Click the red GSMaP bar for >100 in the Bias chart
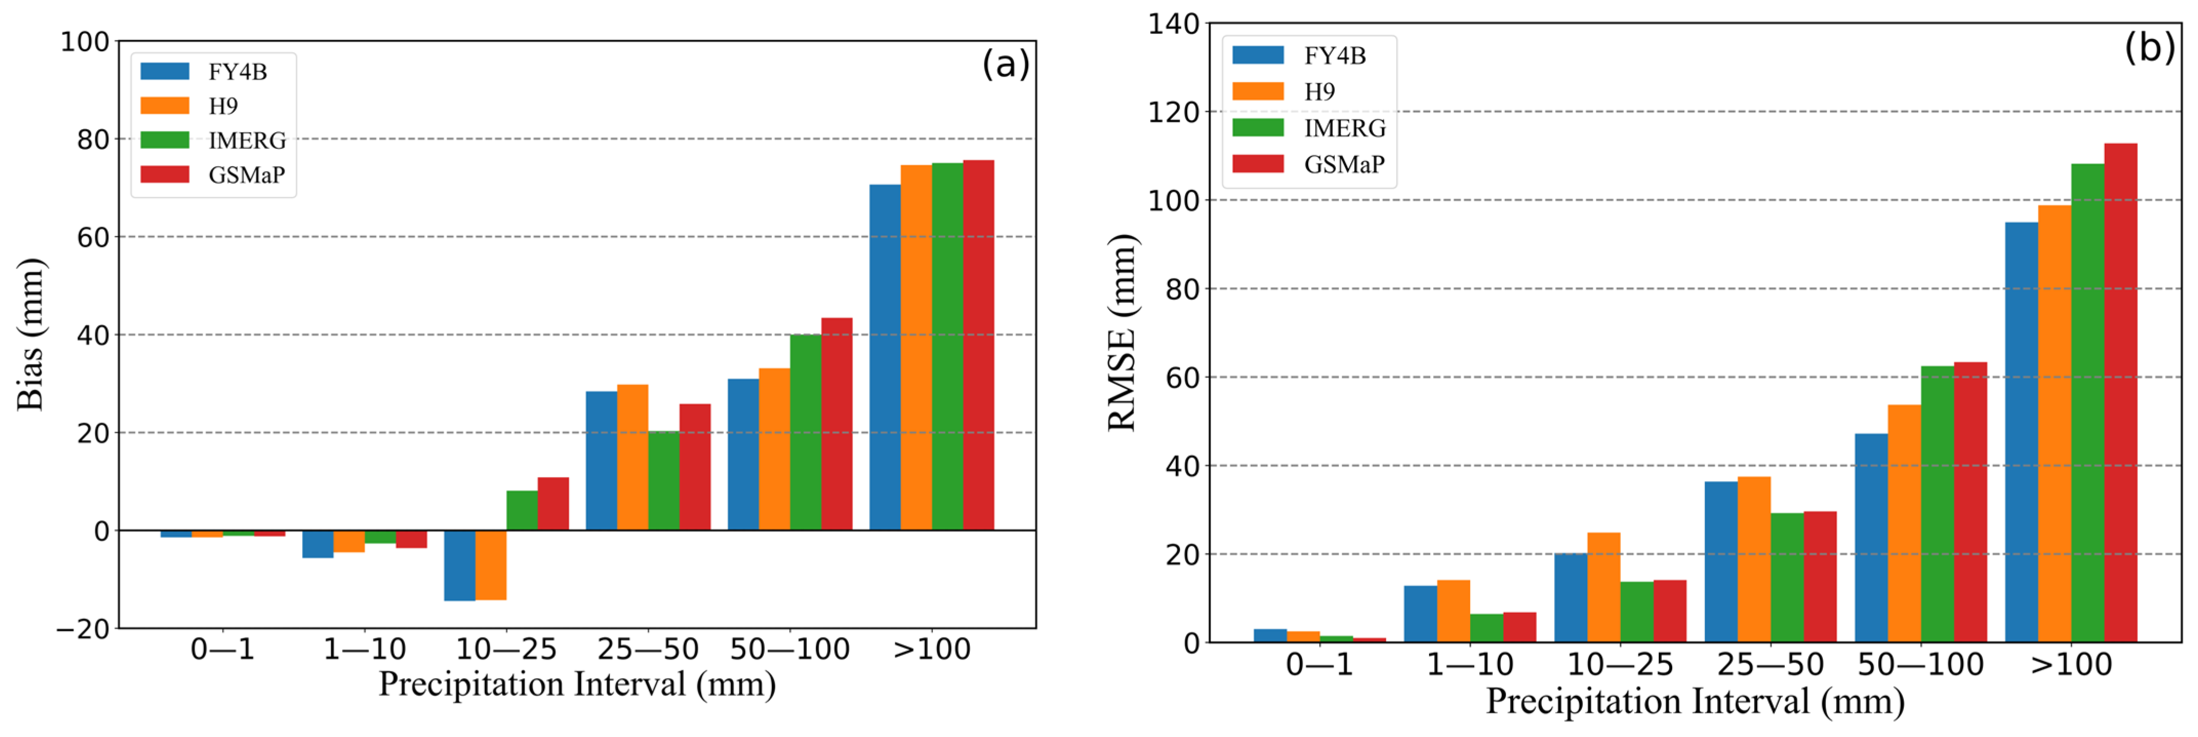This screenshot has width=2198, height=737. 978,345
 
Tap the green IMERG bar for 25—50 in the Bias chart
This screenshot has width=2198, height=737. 664,481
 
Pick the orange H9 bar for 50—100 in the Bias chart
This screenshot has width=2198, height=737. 774,449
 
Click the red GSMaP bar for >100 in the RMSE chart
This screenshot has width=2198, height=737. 2121,393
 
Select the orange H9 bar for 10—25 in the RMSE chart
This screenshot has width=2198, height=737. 1603,588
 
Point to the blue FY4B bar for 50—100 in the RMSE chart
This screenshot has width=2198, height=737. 1871,538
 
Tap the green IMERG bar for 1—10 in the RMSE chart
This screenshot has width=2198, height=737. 1487,628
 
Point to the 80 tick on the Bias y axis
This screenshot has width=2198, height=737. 93,139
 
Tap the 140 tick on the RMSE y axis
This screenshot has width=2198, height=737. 1173,24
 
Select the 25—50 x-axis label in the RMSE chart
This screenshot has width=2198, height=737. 1770,664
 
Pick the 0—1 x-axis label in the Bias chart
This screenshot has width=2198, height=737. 222,650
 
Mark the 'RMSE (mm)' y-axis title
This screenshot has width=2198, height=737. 1122,333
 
